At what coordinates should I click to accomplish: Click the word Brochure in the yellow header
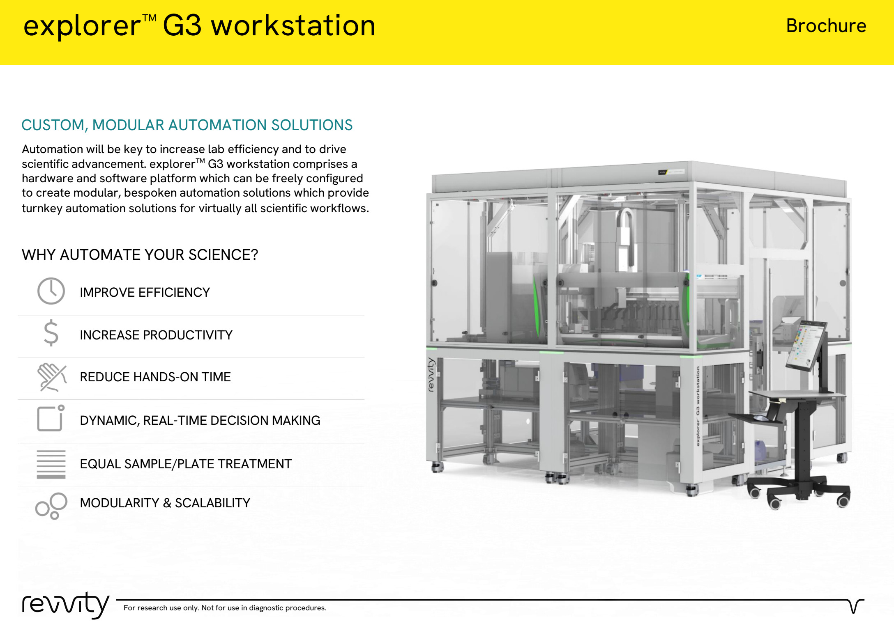click(x=826, y=26)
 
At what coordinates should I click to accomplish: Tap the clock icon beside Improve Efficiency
click(x=51, y=291)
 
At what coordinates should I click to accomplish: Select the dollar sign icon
click(x=51, y=333)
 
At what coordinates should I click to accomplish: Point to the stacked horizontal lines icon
click(x=51, y=464)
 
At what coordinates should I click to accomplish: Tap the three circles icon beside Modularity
click(x=51, y=506)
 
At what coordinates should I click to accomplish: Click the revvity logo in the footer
click(x=66, y=605)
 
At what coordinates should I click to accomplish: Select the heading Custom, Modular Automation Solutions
click(x=187, y=125)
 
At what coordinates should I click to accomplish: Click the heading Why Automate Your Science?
click(x=140, y=255)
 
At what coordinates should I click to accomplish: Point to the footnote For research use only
click(x=225, y=608)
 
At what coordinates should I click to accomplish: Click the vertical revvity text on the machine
click(x=431, y=375)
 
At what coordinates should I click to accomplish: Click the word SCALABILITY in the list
click(x=212, y=503)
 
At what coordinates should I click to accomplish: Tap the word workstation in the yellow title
click(x=293, y=25)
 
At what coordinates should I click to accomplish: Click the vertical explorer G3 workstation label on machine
click(x=698, y=406)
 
